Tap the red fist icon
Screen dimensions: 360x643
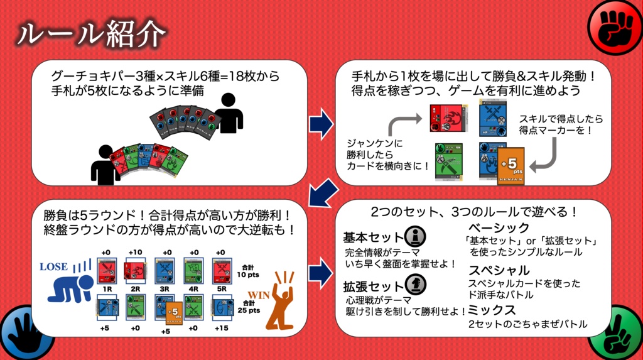pos(617,26)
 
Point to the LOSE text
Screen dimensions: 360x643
pos(53,266)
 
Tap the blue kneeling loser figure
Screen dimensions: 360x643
pos(68,286)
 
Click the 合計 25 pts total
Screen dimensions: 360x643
pos(250,307)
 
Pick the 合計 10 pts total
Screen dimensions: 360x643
pos(250,270)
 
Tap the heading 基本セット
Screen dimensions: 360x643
pos(373,237)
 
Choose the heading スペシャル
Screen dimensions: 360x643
pos(499,270)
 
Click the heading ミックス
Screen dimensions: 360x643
pos(492,310)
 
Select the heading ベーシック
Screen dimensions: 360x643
pos(499,227)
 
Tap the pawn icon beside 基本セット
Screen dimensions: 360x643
pos(415,237)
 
